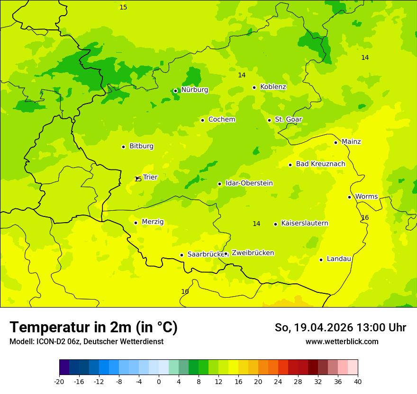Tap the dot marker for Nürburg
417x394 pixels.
coord(175,91)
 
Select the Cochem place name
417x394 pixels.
coord(221,120)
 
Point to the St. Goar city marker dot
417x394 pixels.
coord(269,120)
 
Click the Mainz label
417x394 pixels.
coord(351,142)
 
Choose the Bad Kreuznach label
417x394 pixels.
coord(320,164)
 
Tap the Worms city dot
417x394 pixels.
coord(349,197)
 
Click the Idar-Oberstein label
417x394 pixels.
coord(249,183)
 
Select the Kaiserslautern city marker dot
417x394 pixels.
coord(275,224)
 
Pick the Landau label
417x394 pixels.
coord(339,259)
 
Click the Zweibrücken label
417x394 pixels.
coord(253,253)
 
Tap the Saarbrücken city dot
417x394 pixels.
coord(181,255)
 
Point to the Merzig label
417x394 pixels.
coord(153,222)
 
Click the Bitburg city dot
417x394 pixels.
coord(123,147)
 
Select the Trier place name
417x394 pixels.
coord(150,177)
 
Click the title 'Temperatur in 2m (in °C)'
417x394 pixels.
coord(93,328)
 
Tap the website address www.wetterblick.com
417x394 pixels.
coord(342,342)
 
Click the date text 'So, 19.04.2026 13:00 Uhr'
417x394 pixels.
coord(340,328)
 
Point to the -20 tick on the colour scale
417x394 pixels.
coord(59,381)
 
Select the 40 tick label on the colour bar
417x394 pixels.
coord(358,381)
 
